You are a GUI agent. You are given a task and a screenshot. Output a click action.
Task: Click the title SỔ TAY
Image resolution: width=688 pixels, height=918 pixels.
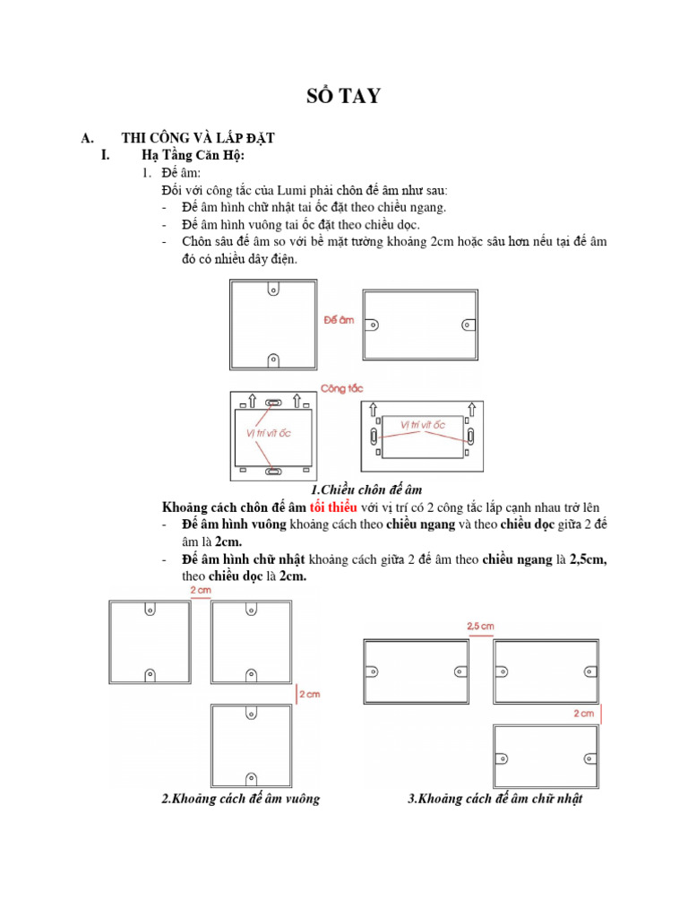tap(344, 96)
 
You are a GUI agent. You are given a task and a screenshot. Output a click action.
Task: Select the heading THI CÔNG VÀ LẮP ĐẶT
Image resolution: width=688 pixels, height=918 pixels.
tap(198, 138)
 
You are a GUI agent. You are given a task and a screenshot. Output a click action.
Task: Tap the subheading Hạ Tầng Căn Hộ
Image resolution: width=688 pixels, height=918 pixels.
tap(193, 156)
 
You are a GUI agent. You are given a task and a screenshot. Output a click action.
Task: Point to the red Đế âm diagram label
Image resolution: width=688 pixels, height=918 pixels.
tap(339, 318)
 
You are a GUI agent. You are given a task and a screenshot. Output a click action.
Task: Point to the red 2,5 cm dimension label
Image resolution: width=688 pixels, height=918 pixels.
tap(481, 625)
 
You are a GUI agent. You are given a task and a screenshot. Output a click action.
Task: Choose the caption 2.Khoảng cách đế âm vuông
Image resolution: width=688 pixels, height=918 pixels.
tap(240, 799)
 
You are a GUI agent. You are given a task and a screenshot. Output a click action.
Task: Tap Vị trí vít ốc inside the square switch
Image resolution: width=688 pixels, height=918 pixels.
tap(270, 433)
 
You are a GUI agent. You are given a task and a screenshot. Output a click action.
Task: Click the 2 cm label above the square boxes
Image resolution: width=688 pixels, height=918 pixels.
tap(201, 591)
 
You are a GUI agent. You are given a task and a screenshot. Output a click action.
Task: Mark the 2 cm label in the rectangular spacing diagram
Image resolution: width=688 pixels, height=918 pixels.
tap(583, 714)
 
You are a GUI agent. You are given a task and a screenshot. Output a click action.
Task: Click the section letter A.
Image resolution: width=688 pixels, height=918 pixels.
tap(87, 138)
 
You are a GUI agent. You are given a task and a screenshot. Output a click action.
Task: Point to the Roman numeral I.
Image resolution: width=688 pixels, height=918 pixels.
tap(106, 156)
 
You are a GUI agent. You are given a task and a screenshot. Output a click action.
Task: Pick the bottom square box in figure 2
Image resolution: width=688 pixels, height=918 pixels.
tap(251, 746)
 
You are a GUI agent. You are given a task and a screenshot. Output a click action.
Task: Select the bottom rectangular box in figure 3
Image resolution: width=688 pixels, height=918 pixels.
tap(546, 756)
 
